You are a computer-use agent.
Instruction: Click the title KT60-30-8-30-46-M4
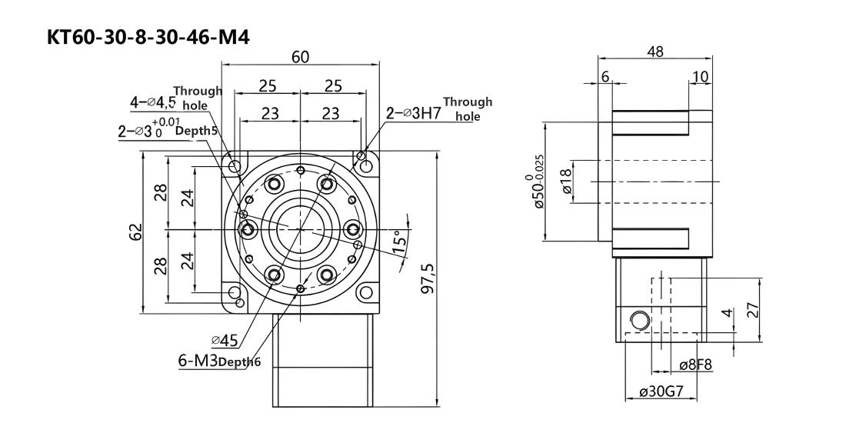pos(148,37)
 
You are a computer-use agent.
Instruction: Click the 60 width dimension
pos(301,57)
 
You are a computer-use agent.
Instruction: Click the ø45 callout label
pos(225,340)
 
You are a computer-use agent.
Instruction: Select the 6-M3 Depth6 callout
pos(219,361)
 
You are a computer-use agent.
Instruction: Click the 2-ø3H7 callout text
pos(413,113)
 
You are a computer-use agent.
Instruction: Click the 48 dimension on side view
pos(655,52)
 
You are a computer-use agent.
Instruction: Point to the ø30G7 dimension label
pos(661,391)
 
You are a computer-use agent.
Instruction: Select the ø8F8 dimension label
pos(695,365)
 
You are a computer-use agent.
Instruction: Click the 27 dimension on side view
pos(754,309)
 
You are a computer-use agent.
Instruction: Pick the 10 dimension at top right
pos(701,77)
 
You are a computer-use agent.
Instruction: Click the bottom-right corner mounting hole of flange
pos(366,292)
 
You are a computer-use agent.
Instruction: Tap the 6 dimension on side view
pos(605,77)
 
